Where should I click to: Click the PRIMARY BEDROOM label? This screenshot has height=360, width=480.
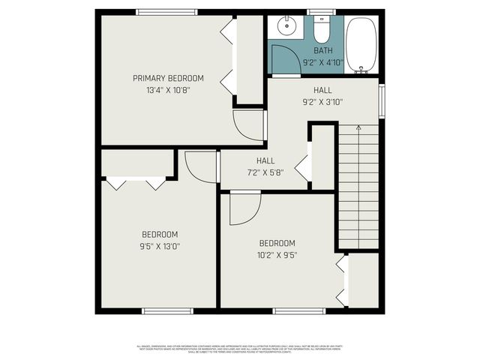[168, 78]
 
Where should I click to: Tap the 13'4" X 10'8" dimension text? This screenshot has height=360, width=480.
[168, 90]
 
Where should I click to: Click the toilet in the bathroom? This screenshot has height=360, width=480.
[322, 31]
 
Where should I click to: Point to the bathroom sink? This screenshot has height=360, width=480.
[286, 28]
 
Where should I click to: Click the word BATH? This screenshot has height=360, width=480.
[323, 50]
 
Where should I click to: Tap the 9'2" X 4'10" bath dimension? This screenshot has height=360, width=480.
[323, 62]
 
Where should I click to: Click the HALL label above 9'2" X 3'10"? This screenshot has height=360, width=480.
[322, 90]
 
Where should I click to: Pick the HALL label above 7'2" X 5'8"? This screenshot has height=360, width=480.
[265, 160]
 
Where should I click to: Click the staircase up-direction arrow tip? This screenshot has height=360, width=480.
[358, 127]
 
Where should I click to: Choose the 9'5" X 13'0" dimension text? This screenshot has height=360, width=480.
[160, 245]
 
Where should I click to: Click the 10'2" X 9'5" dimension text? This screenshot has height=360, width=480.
[277, 254]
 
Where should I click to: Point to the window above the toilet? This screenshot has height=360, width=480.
[322, 11]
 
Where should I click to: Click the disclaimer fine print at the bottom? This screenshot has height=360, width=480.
[239, 349]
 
